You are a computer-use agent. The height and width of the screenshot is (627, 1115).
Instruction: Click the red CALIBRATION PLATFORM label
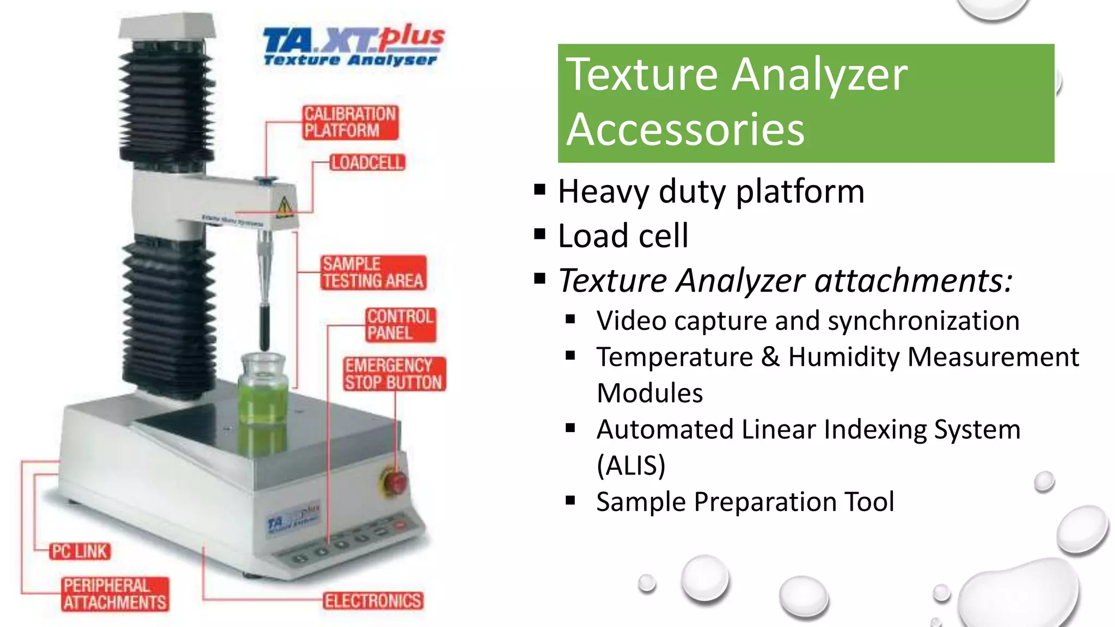click(x=350, y=122)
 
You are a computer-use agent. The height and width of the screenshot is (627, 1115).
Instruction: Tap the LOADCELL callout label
click(x=367, y=163)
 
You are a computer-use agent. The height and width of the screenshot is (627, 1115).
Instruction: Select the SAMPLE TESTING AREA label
click(x=373, y=273)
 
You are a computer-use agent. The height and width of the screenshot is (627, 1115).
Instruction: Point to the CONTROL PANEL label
click(x=400, y=325)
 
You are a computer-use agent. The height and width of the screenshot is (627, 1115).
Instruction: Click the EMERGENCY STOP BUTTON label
click(x=394, y=374)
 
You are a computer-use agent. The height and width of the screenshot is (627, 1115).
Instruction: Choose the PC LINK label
click(x=80, y=551)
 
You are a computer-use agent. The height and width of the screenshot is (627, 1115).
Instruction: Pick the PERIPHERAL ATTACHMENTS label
click(x=114, y=594)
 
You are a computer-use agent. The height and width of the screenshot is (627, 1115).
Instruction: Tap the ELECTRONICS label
click(x=373, y=601)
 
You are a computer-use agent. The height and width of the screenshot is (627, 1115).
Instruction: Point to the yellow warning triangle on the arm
click(x=284, y=207)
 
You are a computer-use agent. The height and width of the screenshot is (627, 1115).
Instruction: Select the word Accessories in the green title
click(x=685, y=130)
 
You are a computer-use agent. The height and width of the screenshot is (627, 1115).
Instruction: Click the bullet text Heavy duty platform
click(x=710, y=192)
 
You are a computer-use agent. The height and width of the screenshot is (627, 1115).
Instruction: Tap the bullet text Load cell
click(x=623, y=236)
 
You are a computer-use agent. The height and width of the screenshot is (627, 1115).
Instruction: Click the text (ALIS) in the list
click(x=631, y=465)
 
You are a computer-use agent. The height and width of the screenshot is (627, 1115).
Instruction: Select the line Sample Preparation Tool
click(x=745, y=502)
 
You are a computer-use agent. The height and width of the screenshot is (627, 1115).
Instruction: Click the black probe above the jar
click(x=264, y=327)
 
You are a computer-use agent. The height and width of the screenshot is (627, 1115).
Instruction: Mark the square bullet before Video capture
click(x=570, y=320)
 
